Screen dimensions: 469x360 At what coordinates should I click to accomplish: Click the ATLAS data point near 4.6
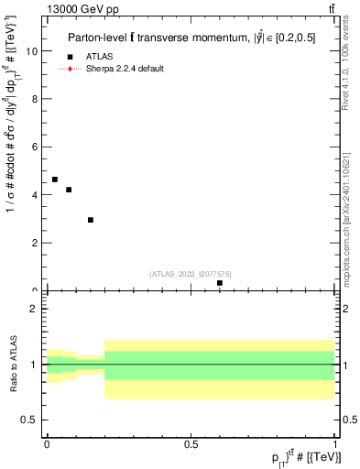[55, 180]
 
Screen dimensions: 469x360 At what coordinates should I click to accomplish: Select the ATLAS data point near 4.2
[69, 190]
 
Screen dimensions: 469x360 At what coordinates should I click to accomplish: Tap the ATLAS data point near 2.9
[91, 220]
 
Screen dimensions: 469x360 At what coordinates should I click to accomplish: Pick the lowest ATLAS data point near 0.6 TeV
[220, 283]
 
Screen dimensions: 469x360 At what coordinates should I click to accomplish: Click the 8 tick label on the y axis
[37, 100]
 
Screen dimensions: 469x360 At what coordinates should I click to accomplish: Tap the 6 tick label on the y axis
[37, 147]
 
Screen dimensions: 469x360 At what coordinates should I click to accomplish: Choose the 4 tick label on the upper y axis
[37, 195]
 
